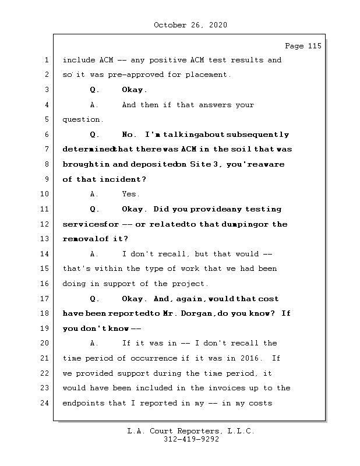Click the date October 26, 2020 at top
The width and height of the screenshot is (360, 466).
click(x=190, y=25)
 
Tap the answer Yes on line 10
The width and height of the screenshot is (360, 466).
click(x=130, y=195)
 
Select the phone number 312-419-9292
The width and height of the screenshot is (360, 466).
click(x=191, y=440)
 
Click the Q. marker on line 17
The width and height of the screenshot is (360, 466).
click(x=95, y=299)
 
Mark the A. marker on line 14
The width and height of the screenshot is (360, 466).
click(x=94, y=254)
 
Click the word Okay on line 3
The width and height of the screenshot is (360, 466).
click(x=133, y=90)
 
